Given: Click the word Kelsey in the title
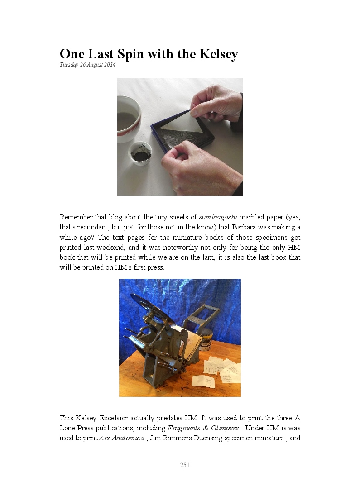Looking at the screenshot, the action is click(x=219, y=55).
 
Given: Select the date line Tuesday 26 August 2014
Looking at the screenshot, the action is click(x=87, y=65).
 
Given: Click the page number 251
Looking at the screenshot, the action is click(x=185, y=465).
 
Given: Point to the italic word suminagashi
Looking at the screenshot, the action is click(x=218, y=217).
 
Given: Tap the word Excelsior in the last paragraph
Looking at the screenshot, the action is click(x=114, y=418).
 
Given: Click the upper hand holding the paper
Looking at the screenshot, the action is click(x=218, y=104).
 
